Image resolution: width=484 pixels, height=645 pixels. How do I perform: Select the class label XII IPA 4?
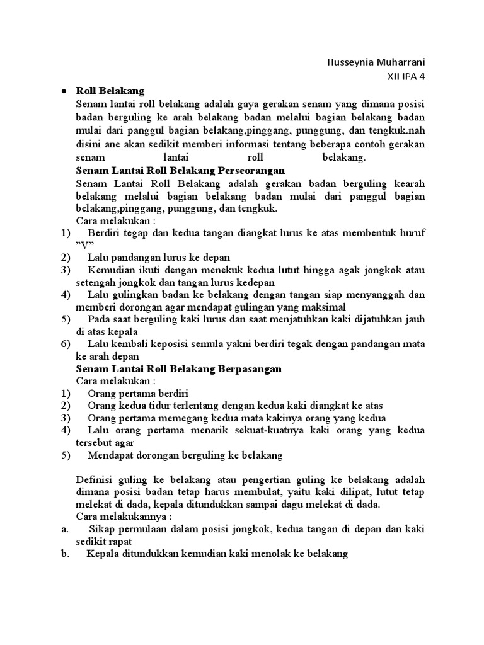(406, 77)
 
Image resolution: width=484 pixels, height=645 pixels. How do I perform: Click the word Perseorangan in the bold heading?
(251, 171)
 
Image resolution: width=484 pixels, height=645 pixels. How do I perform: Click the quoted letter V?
(84, 245)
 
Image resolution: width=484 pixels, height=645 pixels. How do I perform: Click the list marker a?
(64, 529)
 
